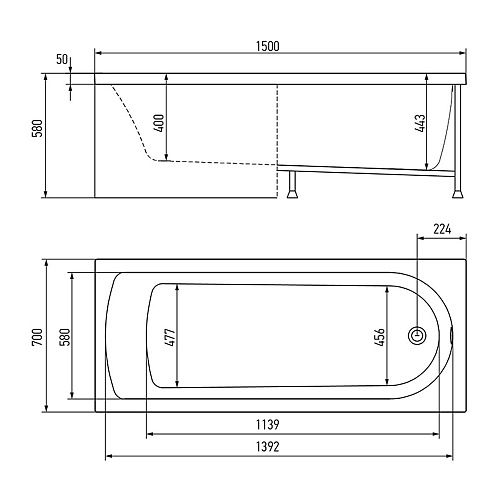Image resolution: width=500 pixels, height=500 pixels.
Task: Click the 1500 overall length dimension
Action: tap(268, 46)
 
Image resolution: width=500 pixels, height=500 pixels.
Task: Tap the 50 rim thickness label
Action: tap(62, 59)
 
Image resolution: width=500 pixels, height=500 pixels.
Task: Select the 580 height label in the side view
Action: tap(38, 128)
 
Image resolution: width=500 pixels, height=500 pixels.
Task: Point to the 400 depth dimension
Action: tap(160, 123)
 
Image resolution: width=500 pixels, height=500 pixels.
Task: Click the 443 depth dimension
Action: tap(421, 123)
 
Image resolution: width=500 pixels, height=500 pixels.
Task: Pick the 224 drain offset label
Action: tap(442, 229)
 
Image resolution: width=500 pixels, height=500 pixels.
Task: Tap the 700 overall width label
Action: tap(38, 337)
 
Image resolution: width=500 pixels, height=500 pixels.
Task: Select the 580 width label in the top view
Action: tap(65, 337)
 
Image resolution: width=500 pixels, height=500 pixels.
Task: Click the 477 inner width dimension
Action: tap(170, 337)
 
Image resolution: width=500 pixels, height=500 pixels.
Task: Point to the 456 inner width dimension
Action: tap(380, 337)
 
